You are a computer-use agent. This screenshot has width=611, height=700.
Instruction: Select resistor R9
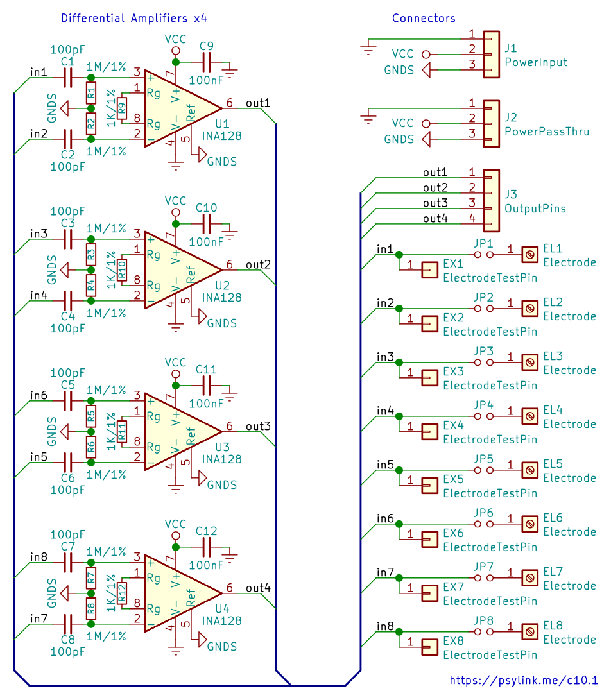(122, 108)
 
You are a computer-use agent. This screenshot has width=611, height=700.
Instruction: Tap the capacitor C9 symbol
(207, 62)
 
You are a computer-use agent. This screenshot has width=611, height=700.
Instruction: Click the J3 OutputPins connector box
(491, 200)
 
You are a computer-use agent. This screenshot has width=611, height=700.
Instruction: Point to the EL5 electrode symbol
(530, 470)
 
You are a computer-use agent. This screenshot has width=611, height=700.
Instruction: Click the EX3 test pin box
(429, 378)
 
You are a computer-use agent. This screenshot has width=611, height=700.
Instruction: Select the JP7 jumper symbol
(484, 577)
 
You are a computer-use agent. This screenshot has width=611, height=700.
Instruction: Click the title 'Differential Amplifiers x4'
(134, 19)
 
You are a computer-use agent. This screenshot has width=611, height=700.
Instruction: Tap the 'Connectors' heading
(424, 19)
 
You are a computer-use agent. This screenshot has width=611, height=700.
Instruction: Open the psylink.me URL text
(524, 680)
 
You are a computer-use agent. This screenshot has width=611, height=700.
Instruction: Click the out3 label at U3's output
(258, 426)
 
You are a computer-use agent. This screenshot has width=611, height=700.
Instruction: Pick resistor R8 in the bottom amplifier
(91, 608)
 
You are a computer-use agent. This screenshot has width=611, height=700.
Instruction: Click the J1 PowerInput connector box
(491, 55)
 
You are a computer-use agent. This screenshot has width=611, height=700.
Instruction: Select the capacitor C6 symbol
(68, 462)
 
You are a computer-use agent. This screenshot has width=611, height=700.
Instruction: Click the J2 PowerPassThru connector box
(491, 124)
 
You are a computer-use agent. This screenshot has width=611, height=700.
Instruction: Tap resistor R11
(122, 432)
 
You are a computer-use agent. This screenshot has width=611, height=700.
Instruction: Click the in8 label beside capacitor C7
(39, 557)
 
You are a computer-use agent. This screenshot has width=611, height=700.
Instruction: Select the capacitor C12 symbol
(207, 547)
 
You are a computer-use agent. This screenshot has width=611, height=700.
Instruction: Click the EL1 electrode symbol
(530, 255)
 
